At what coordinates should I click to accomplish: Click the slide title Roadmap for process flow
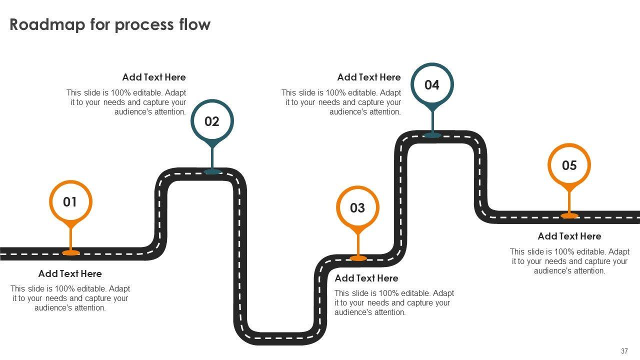(x=110, y=24)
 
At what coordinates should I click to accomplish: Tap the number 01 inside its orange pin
(x=70, y=202)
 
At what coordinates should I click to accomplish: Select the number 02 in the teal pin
(x=212, y=121)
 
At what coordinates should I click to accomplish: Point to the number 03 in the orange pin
(x=357, y=208)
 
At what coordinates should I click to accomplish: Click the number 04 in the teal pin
(x=432, y=85)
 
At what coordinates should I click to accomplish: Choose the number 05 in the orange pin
(x=569, y=165)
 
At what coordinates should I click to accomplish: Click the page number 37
(x=624, y=351)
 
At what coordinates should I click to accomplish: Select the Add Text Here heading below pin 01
(x=70, y=273)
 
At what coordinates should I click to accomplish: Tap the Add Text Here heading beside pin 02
(x=154, y=77)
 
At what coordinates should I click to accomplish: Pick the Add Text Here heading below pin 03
(x=366, y=278)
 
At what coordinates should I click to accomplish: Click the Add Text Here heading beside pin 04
(x=369, y=77)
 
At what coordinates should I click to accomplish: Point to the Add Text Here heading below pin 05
(x=569, y=236)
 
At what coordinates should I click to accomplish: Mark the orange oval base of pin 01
(x=70, y=253)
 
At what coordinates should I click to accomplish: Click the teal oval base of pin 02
(x=212, y=171)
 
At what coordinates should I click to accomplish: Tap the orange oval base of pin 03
(x=358, y=258)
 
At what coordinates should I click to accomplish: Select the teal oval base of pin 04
(x=432, y=135)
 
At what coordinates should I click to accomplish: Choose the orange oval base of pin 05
(x=569, y=215)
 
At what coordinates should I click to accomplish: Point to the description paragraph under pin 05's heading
(x=569, y=261)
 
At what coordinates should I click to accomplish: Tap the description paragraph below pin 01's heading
(x=70, y=298)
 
